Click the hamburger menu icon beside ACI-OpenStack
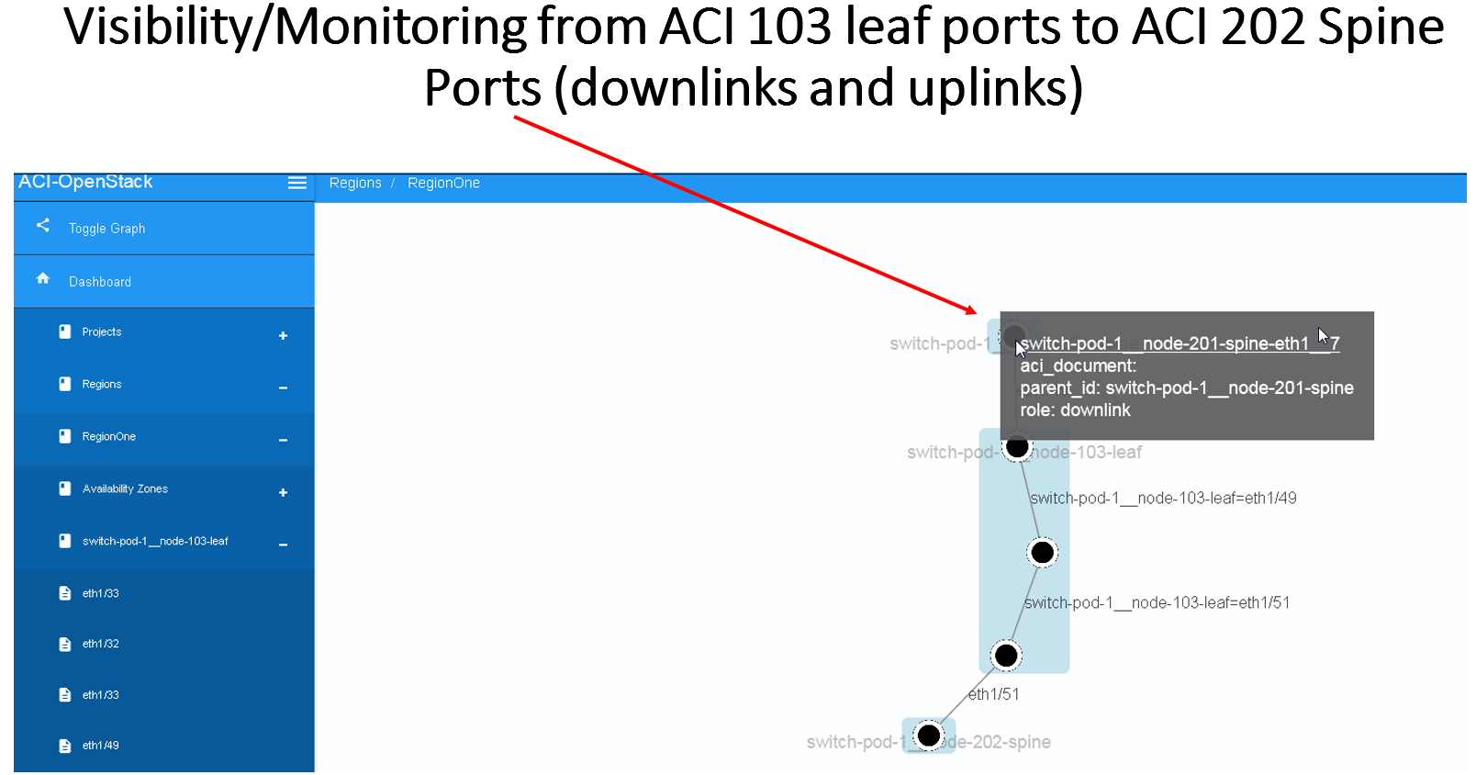point(296,183)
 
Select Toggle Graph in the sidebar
point(106,229)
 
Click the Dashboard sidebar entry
point(99,282)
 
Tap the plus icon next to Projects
point(283,336)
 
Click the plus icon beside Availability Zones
point(283,493)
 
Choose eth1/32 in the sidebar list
point(100,645)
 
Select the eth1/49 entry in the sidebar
point(100,746)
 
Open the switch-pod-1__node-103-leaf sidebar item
point(154,542)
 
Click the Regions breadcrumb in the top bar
point(354,184)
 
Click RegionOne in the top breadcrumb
point(443,184)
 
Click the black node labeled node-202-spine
point(929,736)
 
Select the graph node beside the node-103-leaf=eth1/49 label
point(1042,552)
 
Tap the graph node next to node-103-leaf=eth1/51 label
point(1006,656)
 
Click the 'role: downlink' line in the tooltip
point(1075,410)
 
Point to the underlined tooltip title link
point(1179,344)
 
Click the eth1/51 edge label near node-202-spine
point(993,695)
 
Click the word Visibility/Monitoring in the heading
point(294,28)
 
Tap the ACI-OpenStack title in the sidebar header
point(85,182)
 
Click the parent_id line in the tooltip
point(1186,388)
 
